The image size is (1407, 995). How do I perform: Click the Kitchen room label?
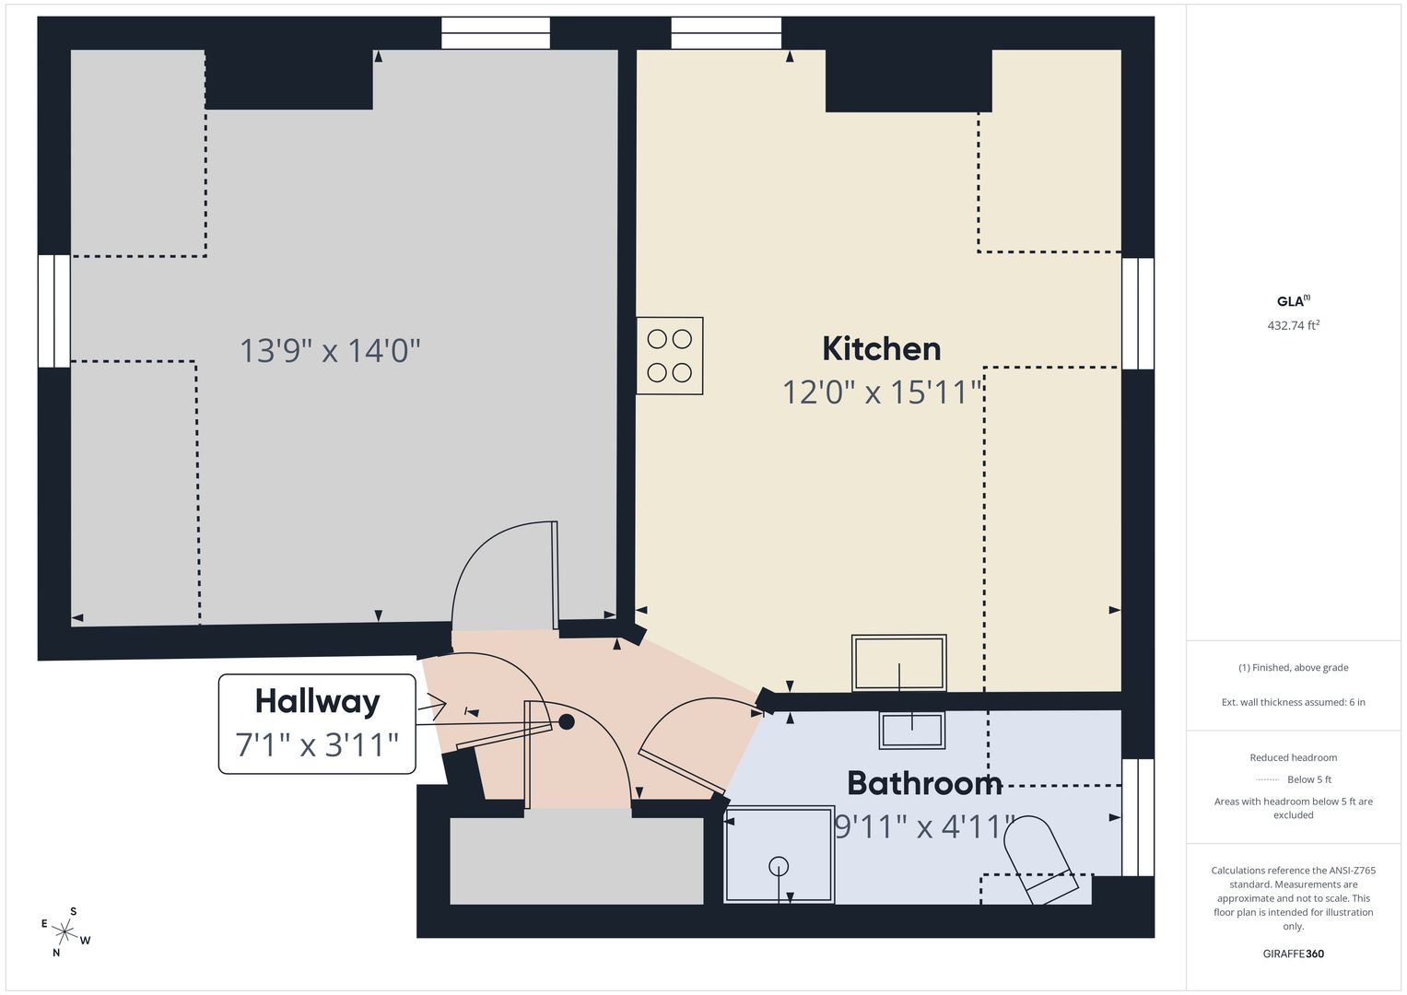tap(881, 348)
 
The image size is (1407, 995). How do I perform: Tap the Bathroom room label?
tap(924, 783)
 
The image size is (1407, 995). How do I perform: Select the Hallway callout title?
tap(317, 702)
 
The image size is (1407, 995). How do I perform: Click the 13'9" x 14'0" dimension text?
tap(330, 350)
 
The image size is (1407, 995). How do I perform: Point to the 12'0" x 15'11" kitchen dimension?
tap(882, 392)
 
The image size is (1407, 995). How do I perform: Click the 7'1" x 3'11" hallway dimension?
tap(317, 745)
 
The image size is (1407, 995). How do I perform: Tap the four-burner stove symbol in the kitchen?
tap(669, 356)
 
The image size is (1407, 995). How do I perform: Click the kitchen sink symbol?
tap(899, 662)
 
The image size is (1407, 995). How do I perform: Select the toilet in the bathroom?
tap(1041, 860)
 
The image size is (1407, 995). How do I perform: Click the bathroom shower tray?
tap(779, 854)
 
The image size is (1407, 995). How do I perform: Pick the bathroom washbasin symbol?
tap(912, 730)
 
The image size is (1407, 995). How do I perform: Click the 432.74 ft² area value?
tap(1294, 324)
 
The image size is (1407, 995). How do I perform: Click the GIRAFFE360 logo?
tap(1294, 954)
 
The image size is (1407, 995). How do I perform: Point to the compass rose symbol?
tap(64, 932)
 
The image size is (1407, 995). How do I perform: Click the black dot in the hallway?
tap(567, 721)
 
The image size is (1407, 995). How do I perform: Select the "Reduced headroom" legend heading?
tap(1294, 757)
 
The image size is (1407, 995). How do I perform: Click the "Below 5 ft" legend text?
tap(1309, 779)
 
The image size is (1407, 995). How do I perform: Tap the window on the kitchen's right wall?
tap(1138, 313)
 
